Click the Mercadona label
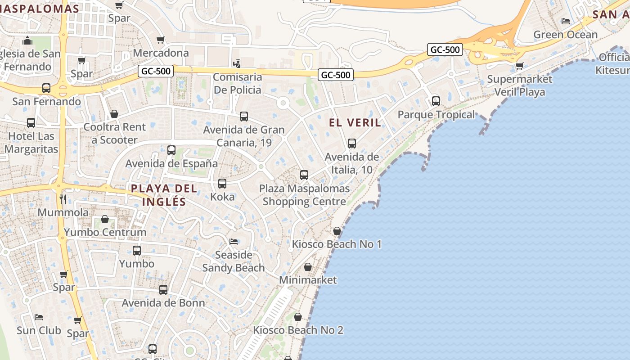click(161, 53)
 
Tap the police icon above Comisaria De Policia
click(237, 63)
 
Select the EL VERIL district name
click(355, 122)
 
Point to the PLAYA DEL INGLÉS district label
click(164, 195)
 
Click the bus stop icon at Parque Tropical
click(436, 101)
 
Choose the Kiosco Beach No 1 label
click(337, 244)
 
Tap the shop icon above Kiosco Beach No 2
click(297, 317)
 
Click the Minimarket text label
click(308, 280)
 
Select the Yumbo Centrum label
click(105, 232)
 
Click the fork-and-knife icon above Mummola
click(63, 199)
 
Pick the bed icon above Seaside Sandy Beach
click(233, 242)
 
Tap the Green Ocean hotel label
click(565, 35)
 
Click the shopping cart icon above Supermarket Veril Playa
click(519, 66)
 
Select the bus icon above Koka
click(222, 184)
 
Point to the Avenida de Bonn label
click(163, 303)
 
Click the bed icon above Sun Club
click(39, 317)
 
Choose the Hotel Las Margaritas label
click(31, 143)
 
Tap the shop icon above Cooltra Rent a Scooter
click(114, 114)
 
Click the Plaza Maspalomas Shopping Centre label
click(304, 195)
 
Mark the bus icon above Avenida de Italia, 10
click(351, 144)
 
